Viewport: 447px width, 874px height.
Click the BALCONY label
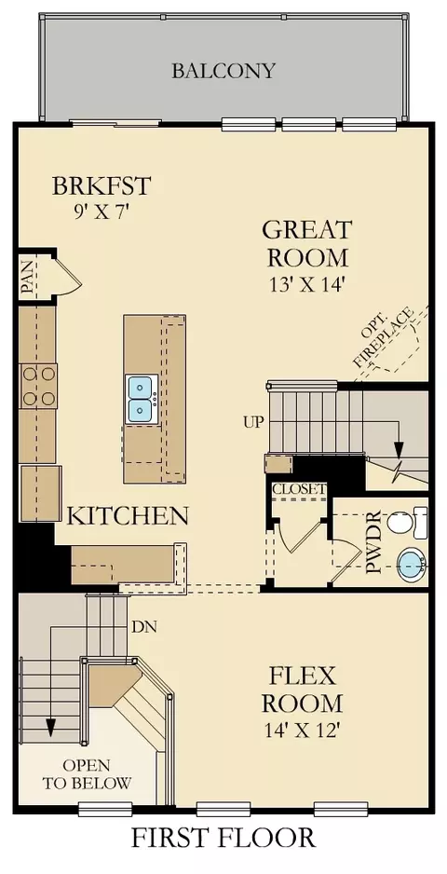[x=223, y=71]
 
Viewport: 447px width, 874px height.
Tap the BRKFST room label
[x=102, y=185]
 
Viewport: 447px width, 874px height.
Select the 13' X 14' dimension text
[x=307, y=284]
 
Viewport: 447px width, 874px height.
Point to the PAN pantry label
[x=28, y=278]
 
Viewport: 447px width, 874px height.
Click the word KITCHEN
[x=128, y=516]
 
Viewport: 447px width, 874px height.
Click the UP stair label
[x=252, y=422]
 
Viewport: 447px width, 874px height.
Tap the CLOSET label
[x=299, y=489]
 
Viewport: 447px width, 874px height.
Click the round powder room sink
[x=412, y=566]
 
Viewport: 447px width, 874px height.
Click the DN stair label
[x=144, y=626]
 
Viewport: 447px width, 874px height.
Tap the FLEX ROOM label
[x=302, y=690]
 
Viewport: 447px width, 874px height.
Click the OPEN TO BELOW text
[x=87, y=773]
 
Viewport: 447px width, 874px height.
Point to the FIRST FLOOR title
[x=223, y=839]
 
